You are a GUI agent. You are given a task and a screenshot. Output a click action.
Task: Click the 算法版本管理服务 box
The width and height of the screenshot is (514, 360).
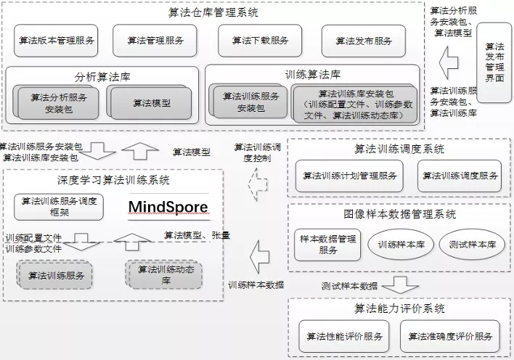(57, 41)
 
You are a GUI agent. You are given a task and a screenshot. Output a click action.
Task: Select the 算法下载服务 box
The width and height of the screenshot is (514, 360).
(260, 41)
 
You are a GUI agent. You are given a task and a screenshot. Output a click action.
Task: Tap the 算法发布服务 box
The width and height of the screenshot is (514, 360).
(363, 41)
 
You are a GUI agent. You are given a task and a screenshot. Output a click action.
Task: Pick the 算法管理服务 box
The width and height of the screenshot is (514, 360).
(156, 41)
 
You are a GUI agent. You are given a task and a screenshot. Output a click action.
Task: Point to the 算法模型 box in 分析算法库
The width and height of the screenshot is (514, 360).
(152, 103)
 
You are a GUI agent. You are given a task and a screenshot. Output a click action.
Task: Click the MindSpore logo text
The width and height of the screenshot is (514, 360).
(168, 208)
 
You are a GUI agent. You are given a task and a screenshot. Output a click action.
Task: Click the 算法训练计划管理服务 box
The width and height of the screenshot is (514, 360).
(349, 176)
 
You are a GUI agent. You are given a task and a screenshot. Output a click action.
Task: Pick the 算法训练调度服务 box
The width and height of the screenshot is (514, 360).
(459, 176)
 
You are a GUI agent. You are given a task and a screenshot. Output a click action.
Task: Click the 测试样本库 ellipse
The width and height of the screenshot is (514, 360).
(472, 245)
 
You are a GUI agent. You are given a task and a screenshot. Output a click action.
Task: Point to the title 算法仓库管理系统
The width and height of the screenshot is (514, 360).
(212, 12)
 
